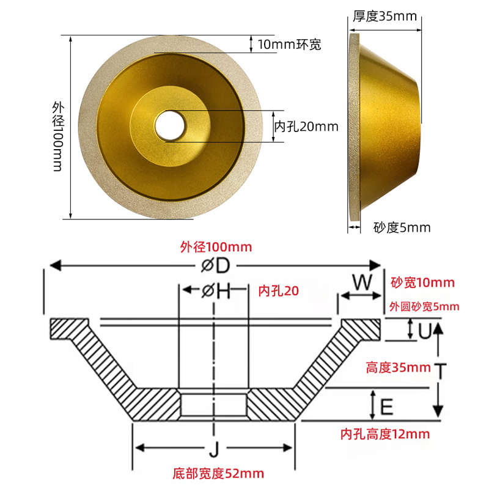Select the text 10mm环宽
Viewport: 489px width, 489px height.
point(289,44)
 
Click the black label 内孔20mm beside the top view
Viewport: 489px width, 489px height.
point(306,127)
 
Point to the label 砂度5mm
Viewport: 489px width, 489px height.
point(402,228)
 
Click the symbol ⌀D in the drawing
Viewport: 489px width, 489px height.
point(214,266)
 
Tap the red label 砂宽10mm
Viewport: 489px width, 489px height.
point(422,282)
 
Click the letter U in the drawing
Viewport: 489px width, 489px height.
point(424,331)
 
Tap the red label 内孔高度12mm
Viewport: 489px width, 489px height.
point(384,434)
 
